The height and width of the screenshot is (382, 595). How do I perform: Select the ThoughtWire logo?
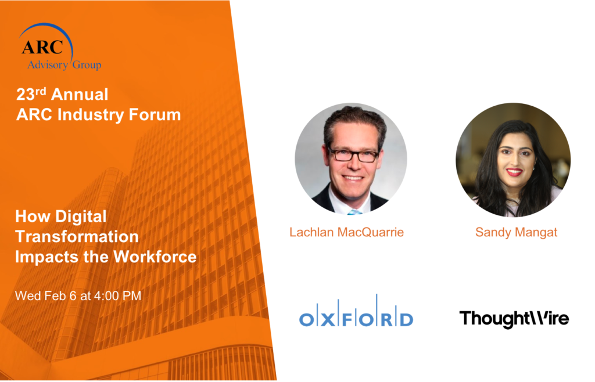[x=514, y=319]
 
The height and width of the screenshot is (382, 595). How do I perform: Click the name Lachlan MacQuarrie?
[x=346, y=232]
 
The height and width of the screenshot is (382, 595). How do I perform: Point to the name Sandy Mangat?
[x=516, y=232]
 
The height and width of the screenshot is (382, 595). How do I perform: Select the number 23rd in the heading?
[x=31, y=94]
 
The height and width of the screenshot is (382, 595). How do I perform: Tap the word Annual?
[x=80, y=95]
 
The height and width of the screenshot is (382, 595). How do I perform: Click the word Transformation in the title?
[x=77, y=236]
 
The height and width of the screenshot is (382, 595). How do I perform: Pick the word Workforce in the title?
[x=155, y=257]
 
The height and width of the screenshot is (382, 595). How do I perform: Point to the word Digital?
[x=81, y=217]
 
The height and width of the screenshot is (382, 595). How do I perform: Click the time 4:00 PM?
[x=117, y=295]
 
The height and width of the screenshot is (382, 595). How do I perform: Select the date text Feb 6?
[x=60, y=295]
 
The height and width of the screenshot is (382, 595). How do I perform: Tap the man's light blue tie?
[x=354, y=212]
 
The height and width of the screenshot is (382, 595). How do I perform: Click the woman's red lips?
[x=515, y=172]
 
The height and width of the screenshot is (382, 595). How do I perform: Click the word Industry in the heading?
[x=91, y=115]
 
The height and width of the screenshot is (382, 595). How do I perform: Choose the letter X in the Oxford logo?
[x=328, y=320]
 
